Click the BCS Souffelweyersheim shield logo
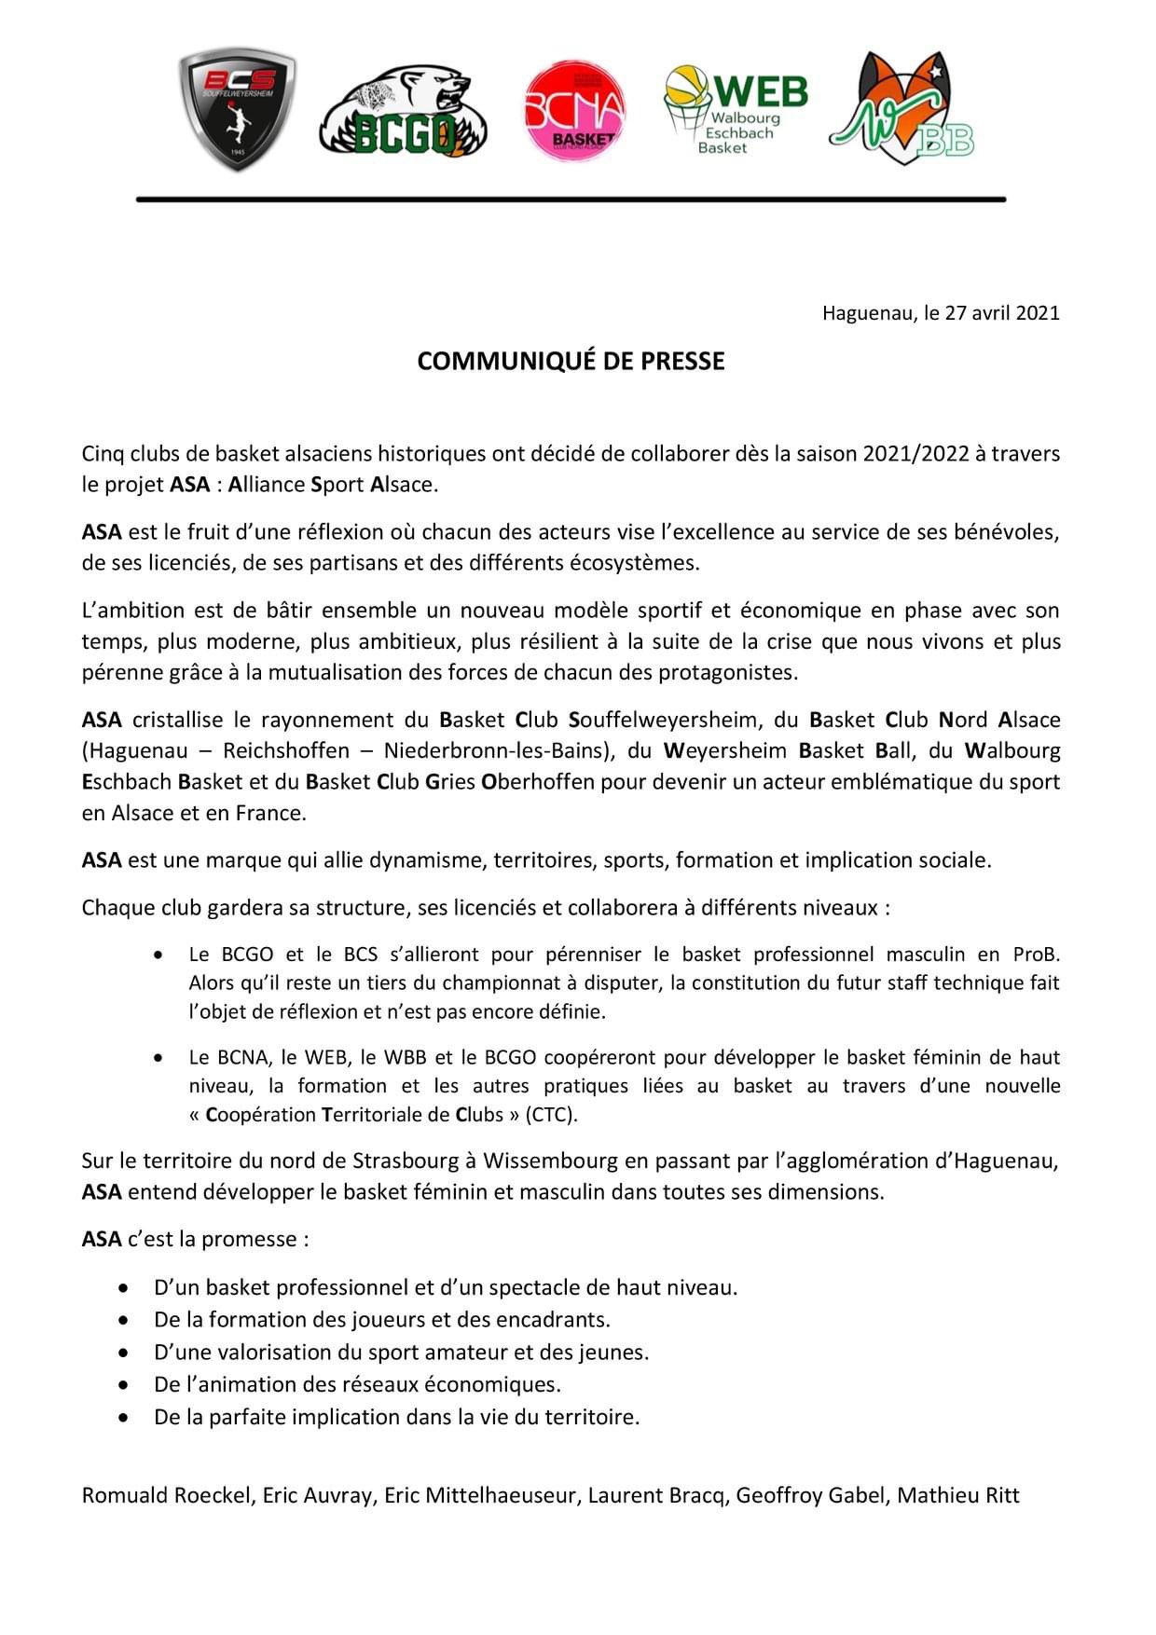coord(238,111)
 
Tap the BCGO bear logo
coord(403,112)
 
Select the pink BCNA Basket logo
coord(574,111)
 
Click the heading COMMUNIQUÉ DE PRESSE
coord(571,362)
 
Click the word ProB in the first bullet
coord(1037,955)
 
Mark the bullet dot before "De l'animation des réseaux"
coord(124,1385)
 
